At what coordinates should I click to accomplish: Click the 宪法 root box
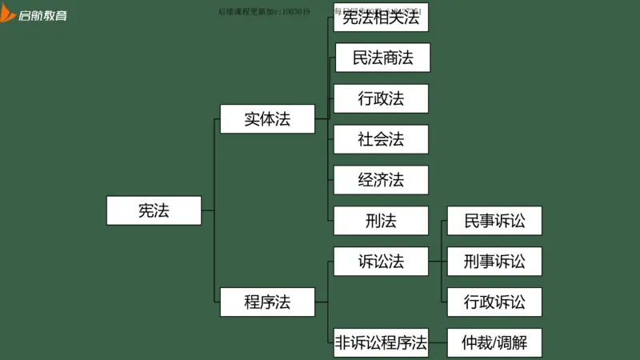pos(154,210)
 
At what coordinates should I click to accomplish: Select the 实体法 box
pos(267,119)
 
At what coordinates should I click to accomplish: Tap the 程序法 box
pos(267,302)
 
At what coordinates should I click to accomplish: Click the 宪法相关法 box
pos(381,18)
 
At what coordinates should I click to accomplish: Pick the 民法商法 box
pos(381,58)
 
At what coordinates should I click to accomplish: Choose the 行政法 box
pos(381,98)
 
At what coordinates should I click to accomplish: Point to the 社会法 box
pos(381,139)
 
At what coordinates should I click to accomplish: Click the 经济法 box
pos(381,180)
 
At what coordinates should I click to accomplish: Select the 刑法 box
pos(381,221)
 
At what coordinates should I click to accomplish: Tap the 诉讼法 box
pos(381,261)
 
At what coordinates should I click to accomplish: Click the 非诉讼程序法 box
pos(381,342)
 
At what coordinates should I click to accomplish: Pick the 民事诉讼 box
pos(494,221)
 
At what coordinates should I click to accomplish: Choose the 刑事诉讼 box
pos(494,261)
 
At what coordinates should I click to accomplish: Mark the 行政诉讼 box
pos(494,302)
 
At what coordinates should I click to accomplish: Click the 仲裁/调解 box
pos(494,342)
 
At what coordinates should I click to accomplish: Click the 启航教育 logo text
pos(45,15)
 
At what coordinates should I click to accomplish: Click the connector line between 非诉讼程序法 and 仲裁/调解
pos(438,342)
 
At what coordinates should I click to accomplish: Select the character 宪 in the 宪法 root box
pos(146,210)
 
